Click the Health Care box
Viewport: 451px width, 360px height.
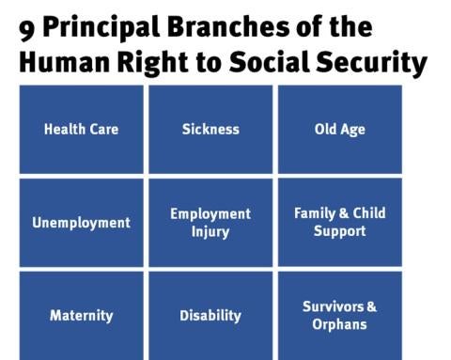pyautogui.click(x=81, y=129)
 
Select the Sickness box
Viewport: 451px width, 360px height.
pyautogui.click(x=210, y=129)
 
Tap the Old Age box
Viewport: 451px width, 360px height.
pyautogui.click(x=339, y=129)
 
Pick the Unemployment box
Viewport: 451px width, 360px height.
pyautogui.click(x=81, y=223)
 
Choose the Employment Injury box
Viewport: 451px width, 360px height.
pyautogui.click(x=210, y=223)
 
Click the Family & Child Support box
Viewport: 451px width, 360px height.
pyautogui.click(x=339, y=222)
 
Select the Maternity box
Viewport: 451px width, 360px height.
pyautogui.click(x=81, y=315)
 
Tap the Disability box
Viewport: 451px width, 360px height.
pyautogui.click(x=210, y=315)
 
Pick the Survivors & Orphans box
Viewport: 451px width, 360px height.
pyautogui.click(x=339, y=315)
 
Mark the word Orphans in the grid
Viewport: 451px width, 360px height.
pyautogui.click(x=339, y=324)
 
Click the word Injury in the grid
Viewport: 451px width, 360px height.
pyautogui.click(x=210, y=232)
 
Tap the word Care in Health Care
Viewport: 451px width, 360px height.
pyautogui.click(x=104, y=129)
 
